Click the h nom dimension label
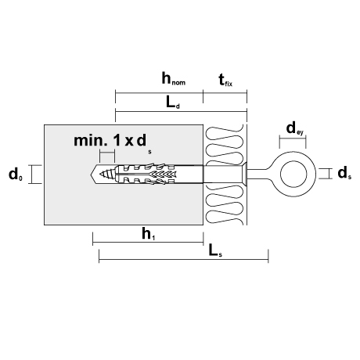(x=174, y=78)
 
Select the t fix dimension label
(x=225, y=80)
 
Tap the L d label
(x=173, y=103)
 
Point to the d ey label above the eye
(x=295, y=129)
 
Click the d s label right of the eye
(x=344, y=173)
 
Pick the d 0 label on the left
(x=16, y=175)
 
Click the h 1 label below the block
(x=149, y=233)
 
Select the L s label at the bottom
(x=215, y=251)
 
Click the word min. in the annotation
(x=89, y=140)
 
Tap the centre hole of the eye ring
(x=293, y=174)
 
